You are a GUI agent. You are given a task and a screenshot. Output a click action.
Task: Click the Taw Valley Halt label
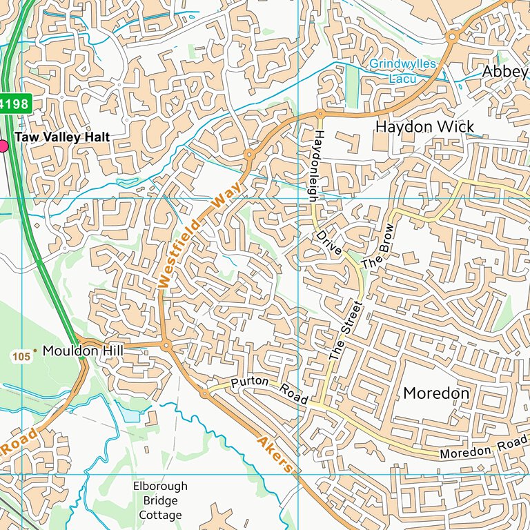62,137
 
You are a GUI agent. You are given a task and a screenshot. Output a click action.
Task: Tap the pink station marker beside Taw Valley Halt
2,145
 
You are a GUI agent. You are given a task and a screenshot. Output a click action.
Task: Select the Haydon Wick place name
424,126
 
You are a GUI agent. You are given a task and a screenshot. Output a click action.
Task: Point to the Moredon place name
436,393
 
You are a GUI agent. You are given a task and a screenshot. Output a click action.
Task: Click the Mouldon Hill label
82,351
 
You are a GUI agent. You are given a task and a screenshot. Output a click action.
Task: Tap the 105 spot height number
21,356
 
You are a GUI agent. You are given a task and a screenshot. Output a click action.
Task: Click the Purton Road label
269,390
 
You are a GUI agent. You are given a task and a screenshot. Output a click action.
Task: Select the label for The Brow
380,246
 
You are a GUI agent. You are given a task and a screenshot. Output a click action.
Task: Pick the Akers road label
275,453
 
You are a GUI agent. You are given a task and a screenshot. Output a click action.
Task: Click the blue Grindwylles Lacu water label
402,71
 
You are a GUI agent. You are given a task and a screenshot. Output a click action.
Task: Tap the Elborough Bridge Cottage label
160,500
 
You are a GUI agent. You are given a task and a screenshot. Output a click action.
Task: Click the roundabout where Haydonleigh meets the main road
321,113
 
